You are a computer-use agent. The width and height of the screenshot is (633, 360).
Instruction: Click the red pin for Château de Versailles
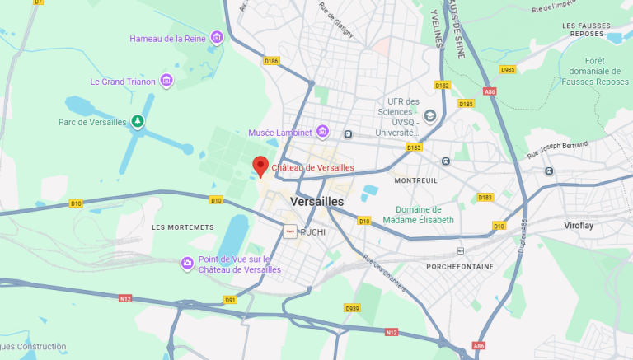260,166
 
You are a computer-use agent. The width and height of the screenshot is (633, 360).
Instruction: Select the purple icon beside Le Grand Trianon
166,80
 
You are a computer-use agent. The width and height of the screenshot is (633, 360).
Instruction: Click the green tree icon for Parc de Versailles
138,122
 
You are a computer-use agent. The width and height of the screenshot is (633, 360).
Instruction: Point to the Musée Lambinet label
280,133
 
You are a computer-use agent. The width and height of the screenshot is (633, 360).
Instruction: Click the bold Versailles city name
317,201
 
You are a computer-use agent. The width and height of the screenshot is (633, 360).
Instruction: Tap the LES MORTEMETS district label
183,227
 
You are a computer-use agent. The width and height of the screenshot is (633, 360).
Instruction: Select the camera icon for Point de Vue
188,263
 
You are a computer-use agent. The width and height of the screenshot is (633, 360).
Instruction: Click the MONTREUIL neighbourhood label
416,180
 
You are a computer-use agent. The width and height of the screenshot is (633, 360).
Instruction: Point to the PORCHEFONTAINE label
460,267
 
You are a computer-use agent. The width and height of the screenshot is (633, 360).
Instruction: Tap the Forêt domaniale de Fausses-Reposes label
595,71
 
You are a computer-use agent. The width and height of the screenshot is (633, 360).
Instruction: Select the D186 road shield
271,61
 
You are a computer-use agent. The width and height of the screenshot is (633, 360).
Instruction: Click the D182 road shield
443,85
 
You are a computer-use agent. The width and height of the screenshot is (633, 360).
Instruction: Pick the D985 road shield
508,69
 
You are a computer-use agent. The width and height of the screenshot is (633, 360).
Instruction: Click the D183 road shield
485,197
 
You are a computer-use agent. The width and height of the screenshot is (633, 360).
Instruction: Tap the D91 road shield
231,300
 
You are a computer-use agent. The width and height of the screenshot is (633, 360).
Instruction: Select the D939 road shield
352,308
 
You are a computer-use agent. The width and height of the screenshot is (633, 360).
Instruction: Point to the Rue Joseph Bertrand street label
558,150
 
